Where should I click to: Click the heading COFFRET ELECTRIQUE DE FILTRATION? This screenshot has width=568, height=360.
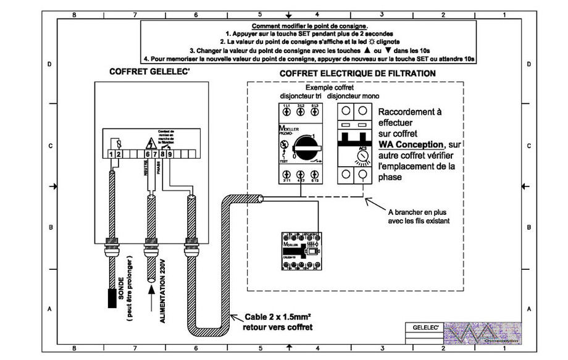357,73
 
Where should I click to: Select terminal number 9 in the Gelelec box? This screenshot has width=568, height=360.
169,154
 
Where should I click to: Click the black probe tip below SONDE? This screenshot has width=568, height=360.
112,297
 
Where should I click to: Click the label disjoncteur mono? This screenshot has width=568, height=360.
353,96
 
